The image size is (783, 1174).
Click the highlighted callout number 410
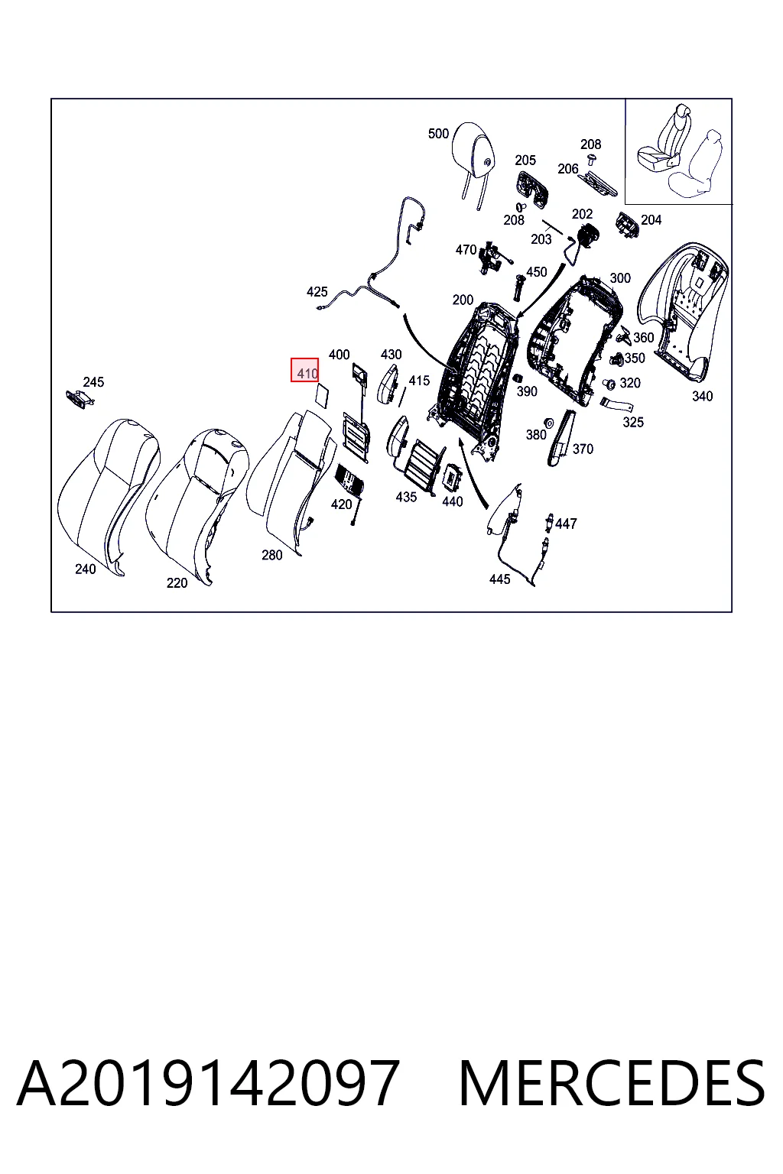pos(307,374)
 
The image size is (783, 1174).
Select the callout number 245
pos(93,382)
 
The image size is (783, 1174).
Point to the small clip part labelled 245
pos(80,400)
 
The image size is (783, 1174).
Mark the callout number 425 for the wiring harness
pos(317,292)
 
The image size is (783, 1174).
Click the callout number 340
pos(702,396)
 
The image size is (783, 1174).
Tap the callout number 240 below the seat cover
pos(86,569)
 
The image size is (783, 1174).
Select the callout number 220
pos(177,583)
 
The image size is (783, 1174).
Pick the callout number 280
pos(272,555)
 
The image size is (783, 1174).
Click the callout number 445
pos(500,579)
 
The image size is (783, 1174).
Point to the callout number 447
pos(566,524)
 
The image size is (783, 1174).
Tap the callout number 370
pos(583,449)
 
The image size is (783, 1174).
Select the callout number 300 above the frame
pos(620,278)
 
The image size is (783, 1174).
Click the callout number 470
pos(466,250)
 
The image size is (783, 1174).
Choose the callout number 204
pos(651,220)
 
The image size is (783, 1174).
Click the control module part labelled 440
pos(453,476)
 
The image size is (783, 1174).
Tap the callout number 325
pos(633,423)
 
